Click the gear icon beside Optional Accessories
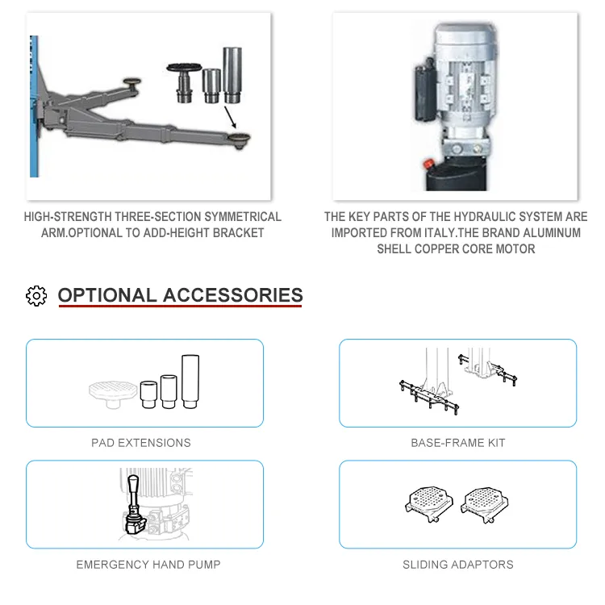click(x=36, y=296)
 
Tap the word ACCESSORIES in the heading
click(x=232, y=295)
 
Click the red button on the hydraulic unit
click(x=428, y=164)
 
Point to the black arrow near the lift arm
click(x=230, y=117)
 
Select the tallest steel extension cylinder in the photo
click(x=232, y=75)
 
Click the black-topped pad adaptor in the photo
click(x=184, y=82)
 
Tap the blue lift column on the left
click(x=34, y=106)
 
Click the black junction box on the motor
click(x=426, y=90)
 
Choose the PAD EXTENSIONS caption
click(x=141, y=443)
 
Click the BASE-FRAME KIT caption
click(x=458, y=443)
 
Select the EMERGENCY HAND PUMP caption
click(x=148, y=565)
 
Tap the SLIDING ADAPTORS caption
click(x=458, y=565)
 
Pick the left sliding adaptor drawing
click(x=428, y=503)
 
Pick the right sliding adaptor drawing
click(x=485, y=504)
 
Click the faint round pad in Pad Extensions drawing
click(x=113, y=394)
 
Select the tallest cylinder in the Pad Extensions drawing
click(x=190, y=382)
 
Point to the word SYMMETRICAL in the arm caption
click(x=243, y=217)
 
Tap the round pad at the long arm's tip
click(x=239, y=140)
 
